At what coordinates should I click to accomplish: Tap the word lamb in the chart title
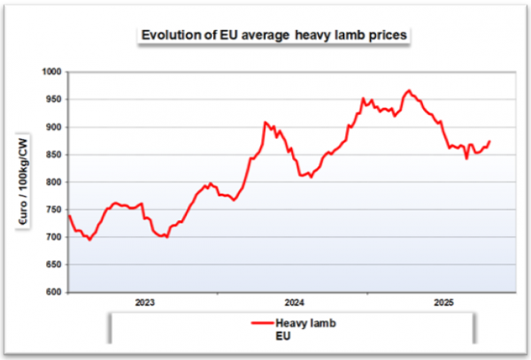coord(321,35)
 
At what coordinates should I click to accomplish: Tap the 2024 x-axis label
coord(295,303)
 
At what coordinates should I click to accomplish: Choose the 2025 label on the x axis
coord(444,303)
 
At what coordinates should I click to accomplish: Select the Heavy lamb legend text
coord(306,323)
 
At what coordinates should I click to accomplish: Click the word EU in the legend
coord(283,336)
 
